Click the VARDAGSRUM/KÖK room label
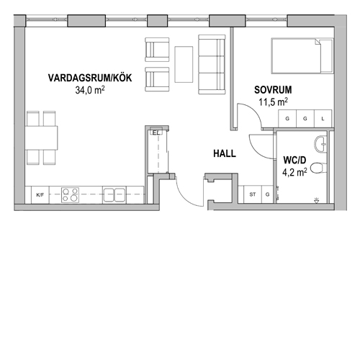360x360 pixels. click(x=90, y=78)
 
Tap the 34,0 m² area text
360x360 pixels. click(x=90, y=90)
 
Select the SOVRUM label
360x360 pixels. click(x=273, y=90)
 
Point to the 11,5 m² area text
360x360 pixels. click(x=273, y=102)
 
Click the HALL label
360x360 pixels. click(x=225, y=153)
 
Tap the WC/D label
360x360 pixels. click(x=294, y=160)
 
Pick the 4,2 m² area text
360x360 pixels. click(x=294, y=172)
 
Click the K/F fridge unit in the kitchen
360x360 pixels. click(x=40, y=195)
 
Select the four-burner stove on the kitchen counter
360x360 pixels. click(x=70, y=195)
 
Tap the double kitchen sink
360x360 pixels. click(x=114, y=195)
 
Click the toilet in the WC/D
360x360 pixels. click(x=319, y=168)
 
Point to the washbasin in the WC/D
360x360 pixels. click(x=320, y=144)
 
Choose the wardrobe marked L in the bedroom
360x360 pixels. click(x=323, y=119)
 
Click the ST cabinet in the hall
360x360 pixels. click(x=253, y=194)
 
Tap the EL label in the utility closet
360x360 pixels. click(x=156, y=132)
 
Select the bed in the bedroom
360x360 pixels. click(x=302, y=55)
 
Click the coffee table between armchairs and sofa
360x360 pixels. click(x=184, y=64)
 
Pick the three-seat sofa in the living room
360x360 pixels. click(x=212, y=64)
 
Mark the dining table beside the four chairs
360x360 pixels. click(x=42, y=138)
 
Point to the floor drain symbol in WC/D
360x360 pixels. click(x=317, y=200)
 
